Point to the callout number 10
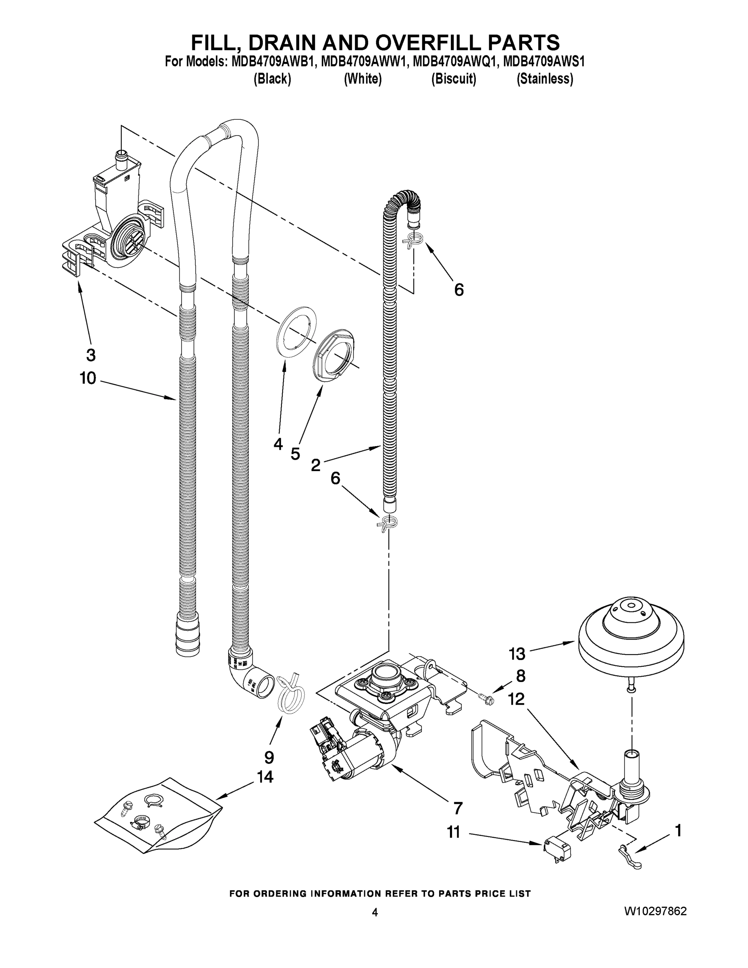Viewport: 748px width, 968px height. pos(88,378)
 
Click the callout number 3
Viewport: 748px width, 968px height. pos(90,355)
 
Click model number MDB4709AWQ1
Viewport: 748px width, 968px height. pos(453,62)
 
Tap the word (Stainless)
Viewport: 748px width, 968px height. pos(545,79)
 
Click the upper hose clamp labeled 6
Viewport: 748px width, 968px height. pos(414,241)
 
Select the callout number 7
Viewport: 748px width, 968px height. pos(457,808)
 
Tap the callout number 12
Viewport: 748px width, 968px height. pos(516,699)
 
